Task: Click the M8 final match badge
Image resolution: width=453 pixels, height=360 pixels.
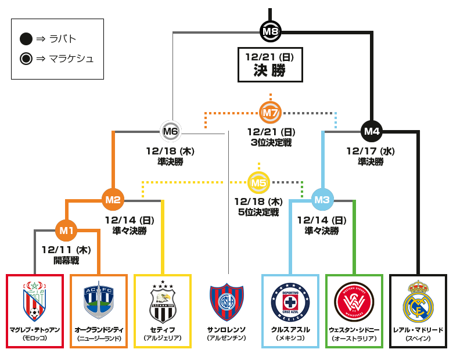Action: pos(270,30)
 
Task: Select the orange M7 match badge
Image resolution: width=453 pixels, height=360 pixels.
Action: pos(269,111)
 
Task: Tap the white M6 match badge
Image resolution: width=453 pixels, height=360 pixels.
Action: pos(170,131)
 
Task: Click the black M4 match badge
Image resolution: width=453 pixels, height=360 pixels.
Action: pos(371,131)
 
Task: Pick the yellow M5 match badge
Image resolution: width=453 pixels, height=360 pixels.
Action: pos(258,183)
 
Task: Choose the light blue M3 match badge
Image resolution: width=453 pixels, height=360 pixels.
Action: pos(322,200)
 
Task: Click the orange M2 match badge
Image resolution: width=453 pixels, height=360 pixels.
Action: pos(113,200)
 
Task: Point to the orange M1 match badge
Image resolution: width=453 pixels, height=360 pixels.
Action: pos(66,231)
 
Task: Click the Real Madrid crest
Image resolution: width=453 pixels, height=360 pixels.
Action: pos(418,301)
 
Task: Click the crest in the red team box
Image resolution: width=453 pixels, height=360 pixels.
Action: pos(34,301)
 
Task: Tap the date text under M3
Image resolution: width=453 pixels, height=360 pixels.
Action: pos(322,221)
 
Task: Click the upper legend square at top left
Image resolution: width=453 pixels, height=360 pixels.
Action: pos(25,39)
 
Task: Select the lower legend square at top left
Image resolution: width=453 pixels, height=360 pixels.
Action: pos(25,59)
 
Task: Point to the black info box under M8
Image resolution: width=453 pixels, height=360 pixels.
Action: pos(270,65)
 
